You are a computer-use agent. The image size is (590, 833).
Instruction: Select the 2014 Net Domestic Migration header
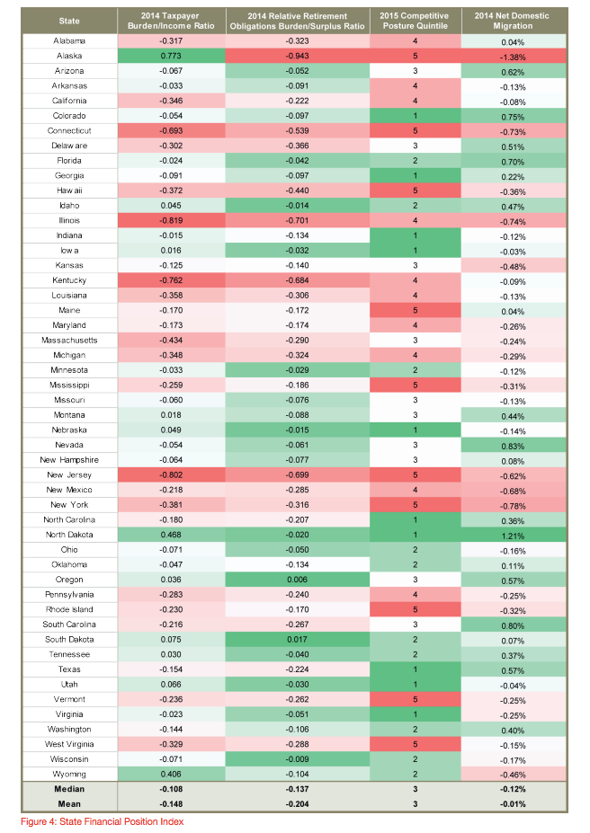514,21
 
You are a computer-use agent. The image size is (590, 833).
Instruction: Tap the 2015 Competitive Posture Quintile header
415,21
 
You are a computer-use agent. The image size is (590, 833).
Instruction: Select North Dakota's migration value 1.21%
513,535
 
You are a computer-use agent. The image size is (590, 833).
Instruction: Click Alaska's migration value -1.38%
513,57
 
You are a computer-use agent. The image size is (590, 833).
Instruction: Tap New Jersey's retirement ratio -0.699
296,474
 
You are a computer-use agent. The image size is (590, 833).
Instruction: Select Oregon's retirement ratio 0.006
296,580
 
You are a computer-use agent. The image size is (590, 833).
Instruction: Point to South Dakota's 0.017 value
296,639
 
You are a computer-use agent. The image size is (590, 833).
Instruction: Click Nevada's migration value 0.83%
513,445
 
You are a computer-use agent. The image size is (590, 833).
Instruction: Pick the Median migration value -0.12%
513,789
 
